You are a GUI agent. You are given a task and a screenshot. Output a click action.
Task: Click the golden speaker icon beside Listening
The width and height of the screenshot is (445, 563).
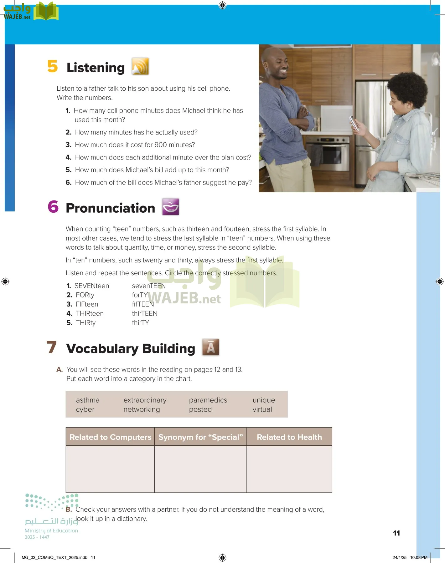140,66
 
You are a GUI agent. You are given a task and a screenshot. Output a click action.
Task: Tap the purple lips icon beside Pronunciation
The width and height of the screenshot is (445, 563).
170,207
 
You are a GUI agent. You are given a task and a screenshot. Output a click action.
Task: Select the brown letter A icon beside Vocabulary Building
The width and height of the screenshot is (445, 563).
210,347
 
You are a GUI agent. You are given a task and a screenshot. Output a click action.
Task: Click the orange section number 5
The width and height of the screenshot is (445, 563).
53,66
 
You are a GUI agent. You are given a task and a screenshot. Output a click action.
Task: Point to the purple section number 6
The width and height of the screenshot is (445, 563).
53,207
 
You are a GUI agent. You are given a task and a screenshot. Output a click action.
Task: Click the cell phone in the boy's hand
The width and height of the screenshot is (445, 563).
354,123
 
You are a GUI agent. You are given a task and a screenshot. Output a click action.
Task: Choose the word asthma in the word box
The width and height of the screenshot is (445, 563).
88,400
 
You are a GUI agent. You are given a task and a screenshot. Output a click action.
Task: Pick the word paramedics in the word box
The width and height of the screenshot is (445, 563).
208,400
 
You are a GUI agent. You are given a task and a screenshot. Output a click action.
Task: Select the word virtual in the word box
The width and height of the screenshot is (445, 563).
262,409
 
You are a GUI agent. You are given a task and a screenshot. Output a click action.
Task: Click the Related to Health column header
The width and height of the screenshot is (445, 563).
289,437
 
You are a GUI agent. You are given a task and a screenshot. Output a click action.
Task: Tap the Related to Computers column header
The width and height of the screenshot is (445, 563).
110,437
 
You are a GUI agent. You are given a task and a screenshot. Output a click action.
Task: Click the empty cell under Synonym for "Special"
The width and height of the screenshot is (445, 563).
200,469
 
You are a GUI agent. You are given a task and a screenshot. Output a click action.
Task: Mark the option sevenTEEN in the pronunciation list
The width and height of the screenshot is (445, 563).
149,286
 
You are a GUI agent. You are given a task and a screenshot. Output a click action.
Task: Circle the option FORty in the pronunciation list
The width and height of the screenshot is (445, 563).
85,295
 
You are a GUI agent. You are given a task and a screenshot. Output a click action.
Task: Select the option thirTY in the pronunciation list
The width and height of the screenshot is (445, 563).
140,323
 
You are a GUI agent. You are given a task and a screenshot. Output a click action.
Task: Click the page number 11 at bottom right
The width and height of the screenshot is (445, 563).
396,533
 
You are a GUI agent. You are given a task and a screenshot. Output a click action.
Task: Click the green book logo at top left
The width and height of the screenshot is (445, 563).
46,12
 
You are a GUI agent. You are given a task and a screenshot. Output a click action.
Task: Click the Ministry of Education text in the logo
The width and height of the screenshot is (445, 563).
51,531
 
